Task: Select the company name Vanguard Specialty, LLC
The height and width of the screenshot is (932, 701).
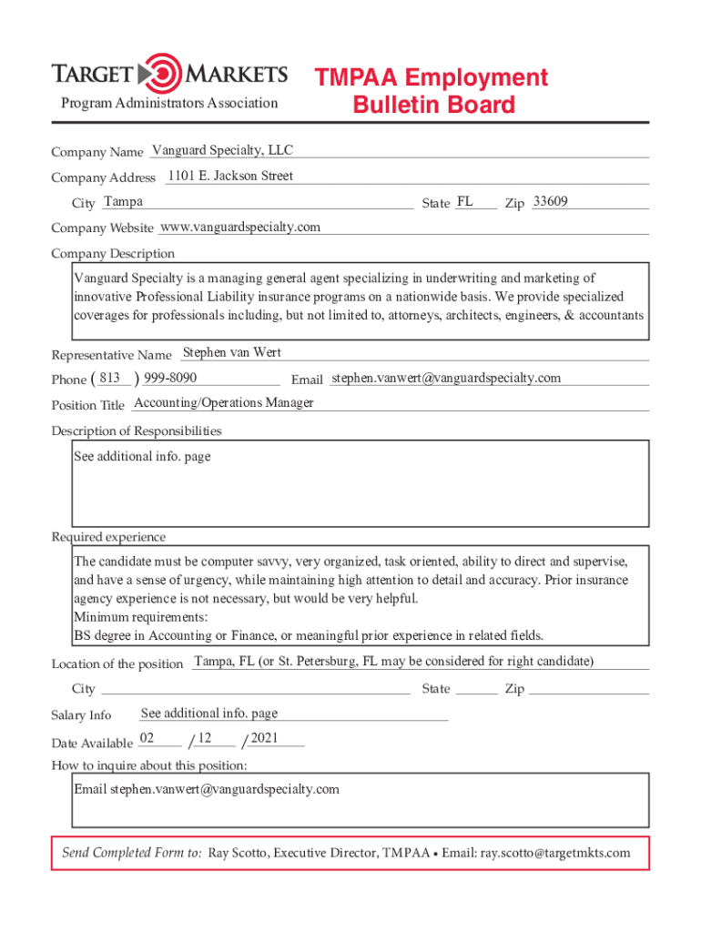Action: click(222, 150)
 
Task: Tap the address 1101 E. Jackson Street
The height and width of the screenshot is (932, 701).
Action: click(230, 176)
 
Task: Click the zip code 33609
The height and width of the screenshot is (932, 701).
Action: click(551, 201)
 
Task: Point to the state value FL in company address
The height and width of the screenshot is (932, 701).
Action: click(464, 201)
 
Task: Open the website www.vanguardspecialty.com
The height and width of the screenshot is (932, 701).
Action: click(239, 227)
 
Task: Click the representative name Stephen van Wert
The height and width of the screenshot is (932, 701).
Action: click(232, 352)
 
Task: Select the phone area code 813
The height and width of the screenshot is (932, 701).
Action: click(109, 378)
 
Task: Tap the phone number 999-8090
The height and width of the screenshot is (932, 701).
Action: click(170, 378)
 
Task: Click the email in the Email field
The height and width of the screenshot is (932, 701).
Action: click(446, 378)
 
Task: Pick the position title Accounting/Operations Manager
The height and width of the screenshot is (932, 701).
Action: click(223, 402)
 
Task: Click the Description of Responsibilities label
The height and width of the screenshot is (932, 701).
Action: click(137, 431)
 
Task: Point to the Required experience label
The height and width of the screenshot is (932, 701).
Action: click(108, 537)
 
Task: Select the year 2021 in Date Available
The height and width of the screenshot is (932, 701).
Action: click(264, 738)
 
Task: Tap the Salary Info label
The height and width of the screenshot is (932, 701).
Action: click(81, 714)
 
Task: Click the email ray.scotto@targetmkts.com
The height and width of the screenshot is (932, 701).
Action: click(555, 853)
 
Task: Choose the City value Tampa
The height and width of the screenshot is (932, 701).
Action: click(123, 201)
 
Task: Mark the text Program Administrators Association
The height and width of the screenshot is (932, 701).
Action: click(169, 103)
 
